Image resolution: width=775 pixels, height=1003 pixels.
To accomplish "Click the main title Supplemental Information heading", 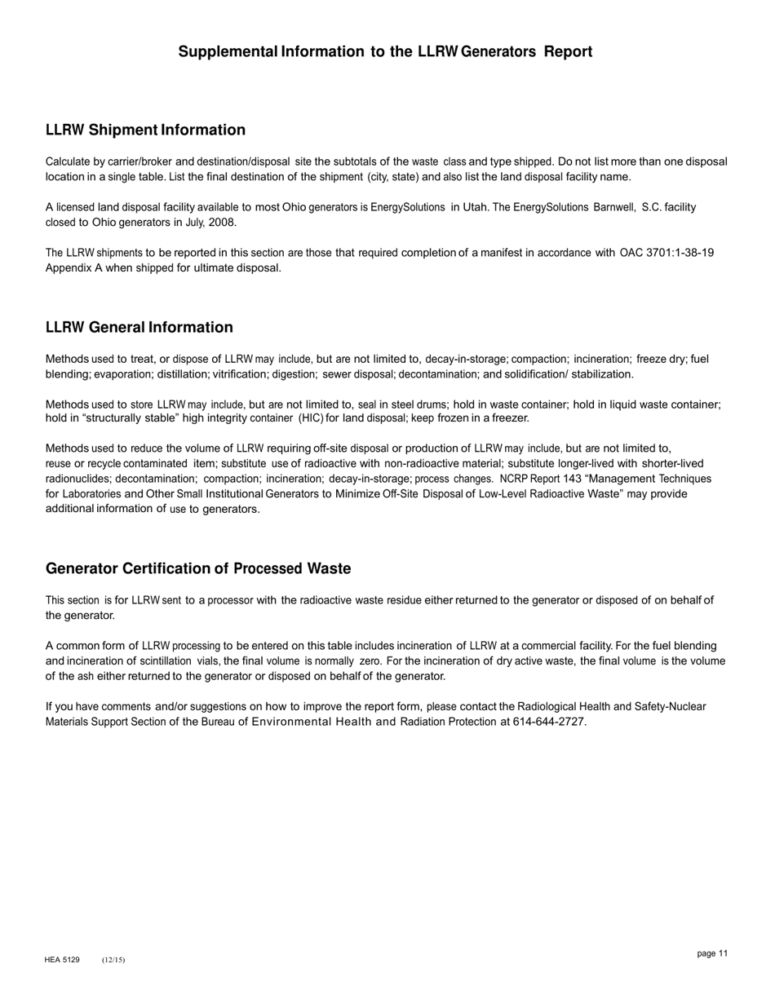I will click(x=385, y=51).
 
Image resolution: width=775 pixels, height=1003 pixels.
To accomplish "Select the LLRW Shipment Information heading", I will click(x=145, y=130).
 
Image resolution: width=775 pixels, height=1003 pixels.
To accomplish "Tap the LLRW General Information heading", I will click(x=139, y=327).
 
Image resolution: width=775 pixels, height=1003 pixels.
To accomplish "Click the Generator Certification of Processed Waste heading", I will click(x=198, y=568).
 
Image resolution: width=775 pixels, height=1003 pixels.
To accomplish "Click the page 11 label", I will click(x=712, y=953).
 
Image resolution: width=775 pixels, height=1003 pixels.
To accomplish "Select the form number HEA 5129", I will click(x=62, y=960).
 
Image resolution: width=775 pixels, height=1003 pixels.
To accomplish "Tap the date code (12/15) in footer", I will click(x=113, y=960).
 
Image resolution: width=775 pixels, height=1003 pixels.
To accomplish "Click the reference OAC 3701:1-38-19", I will click(x=666, y=253).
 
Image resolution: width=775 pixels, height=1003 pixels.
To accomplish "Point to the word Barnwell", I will click(x=614, y=207).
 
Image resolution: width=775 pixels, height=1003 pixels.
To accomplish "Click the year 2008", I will click(x=222, y=222).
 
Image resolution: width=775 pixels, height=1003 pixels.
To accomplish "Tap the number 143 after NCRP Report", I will click(x=572, y=479).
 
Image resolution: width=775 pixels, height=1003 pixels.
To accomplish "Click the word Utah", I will click(x=475, y=207).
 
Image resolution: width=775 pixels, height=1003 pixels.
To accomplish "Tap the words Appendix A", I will click(x=77, y=267).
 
